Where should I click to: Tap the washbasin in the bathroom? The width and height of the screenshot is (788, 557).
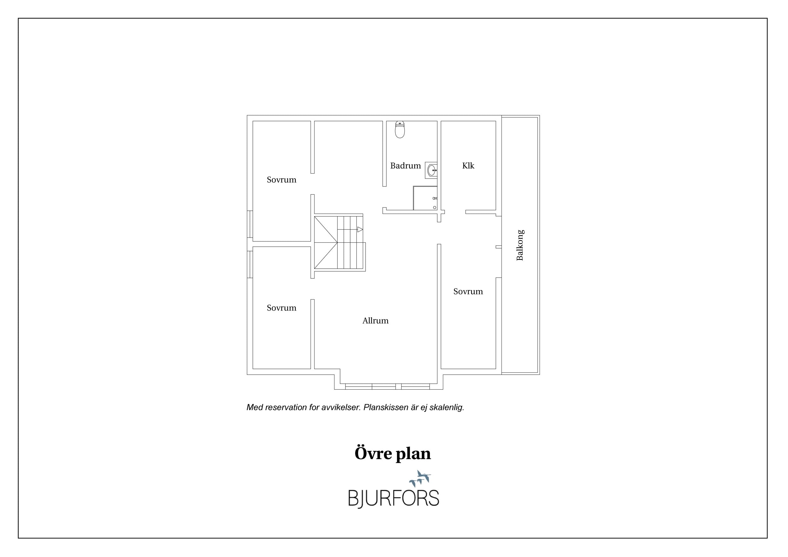coord(431,170)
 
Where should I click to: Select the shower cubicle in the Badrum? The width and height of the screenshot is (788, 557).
coord(425,198)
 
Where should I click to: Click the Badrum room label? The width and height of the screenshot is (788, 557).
coord(405,166)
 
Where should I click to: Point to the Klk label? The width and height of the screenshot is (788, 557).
coord(468,166)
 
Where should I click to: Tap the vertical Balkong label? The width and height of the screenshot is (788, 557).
coord(520,245)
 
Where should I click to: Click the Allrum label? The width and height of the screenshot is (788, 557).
coord(375,321)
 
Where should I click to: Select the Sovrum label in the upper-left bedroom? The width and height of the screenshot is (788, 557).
coord(281,180)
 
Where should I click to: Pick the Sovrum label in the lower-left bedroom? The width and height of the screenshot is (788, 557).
coord(281,308)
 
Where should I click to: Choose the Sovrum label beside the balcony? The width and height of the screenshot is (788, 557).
coord(468,291)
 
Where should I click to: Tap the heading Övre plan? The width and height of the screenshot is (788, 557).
coord(393,453)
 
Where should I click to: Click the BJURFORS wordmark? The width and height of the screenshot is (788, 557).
coord(394,498)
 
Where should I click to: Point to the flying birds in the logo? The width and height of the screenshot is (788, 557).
coord(420,478)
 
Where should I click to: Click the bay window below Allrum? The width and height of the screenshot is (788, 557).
coord(387,387)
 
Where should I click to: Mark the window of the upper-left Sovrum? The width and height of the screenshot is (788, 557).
coord(250,224)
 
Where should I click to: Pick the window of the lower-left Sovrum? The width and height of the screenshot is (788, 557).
coord(250,264)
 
